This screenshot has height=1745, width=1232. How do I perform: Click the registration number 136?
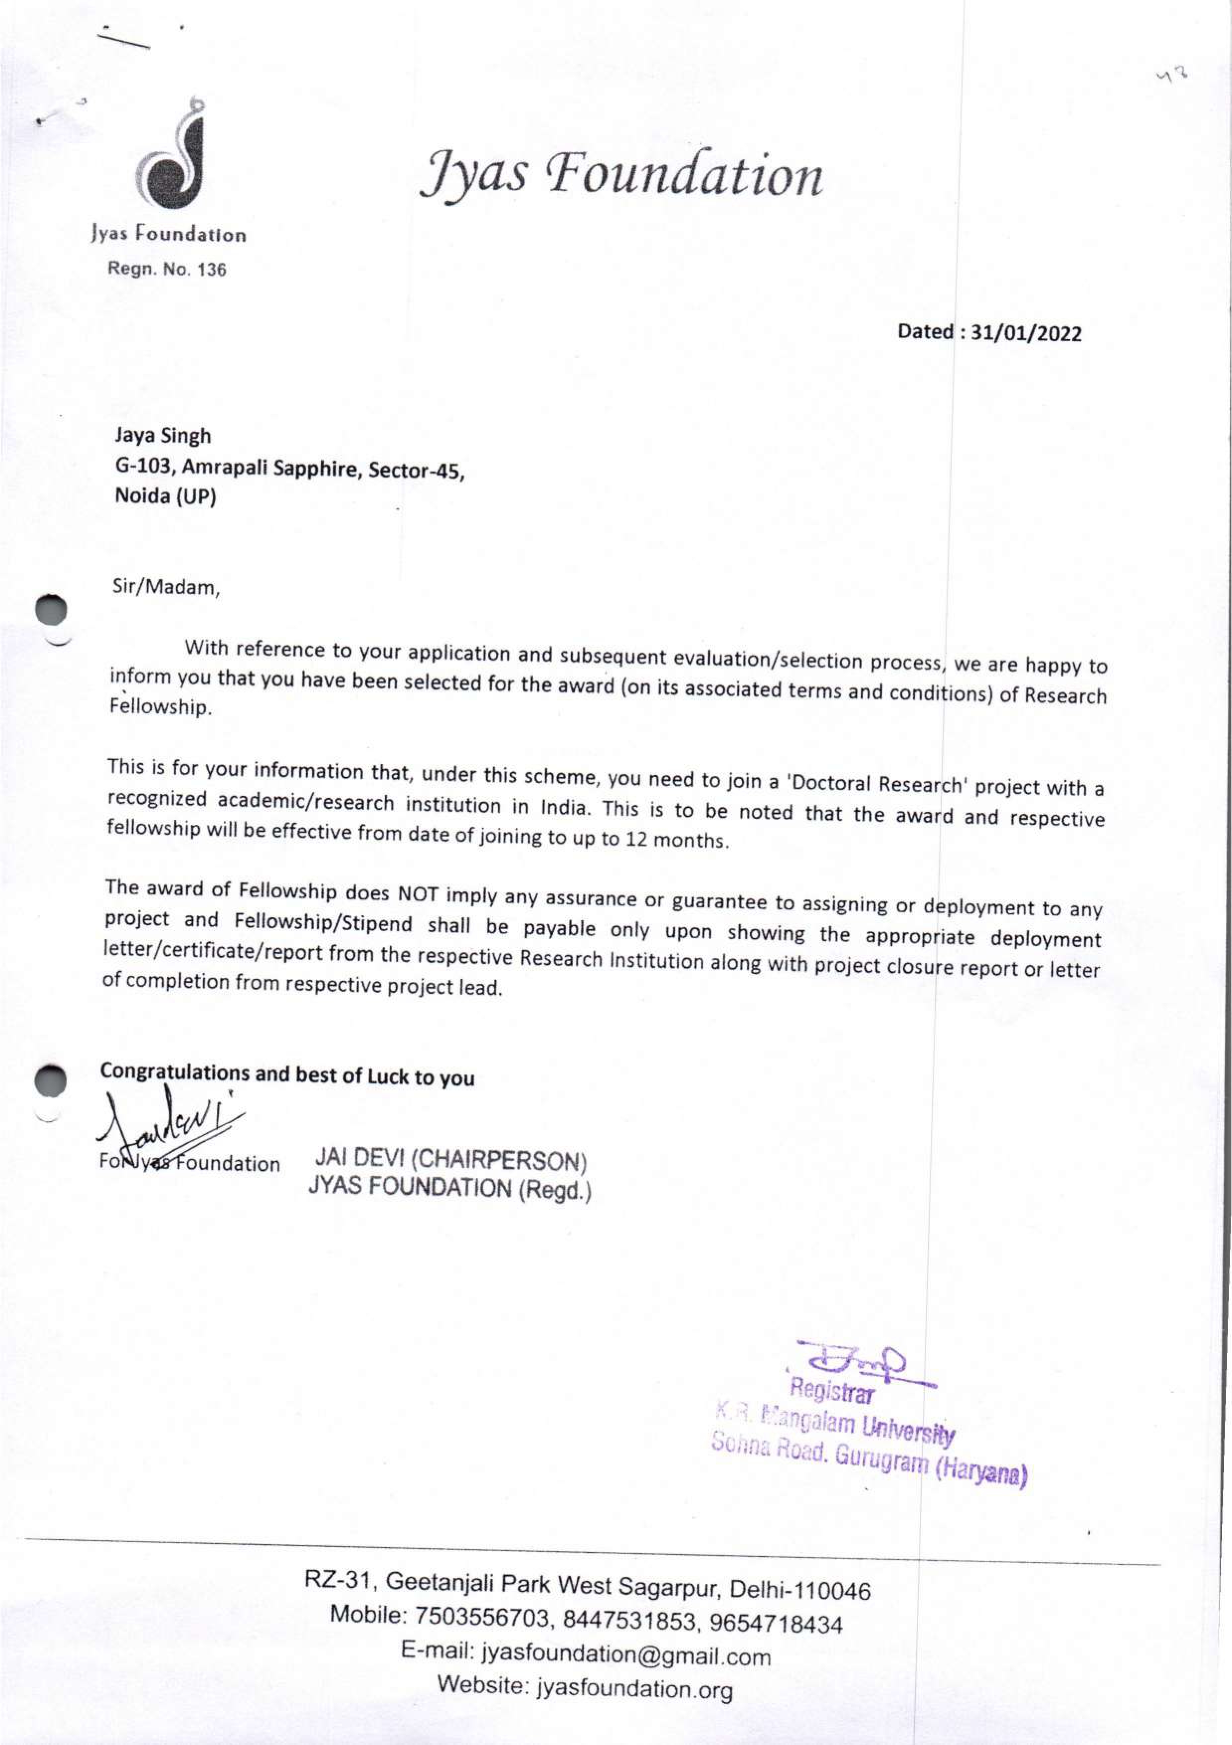[x=211, y=270]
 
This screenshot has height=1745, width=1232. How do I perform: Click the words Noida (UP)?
[x=165, y=496]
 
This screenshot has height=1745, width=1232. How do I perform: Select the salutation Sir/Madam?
[x=166, y=587]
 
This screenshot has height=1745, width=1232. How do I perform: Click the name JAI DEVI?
[x=359, y=1158]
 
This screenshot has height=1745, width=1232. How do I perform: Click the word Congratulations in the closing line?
[x=174, y=1071]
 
